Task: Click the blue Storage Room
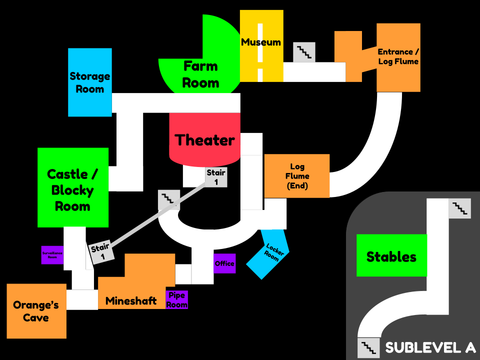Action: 89,82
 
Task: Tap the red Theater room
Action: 204,140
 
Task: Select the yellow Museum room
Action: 261,42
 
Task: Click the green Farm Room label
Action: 200,74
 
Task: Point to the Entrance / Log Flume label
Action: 398,56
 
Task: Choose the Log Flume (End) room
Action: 296,175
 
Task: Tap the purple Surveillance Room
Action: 52,254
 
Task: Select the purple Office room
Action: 224,263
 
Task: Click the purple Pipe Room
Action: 176,300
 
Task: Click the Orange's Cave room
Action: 36,311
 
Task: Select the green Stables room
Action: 391,256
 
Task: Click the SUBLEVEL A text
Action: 429,347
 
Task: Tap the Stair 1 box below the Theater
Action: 216,177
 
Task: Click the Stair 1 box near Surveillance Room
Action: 102,252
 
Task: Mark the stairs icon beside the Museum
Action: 304,52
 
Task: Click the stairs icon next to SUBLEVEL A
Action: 368,347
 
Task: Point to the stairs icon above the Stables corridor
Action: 459,208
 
